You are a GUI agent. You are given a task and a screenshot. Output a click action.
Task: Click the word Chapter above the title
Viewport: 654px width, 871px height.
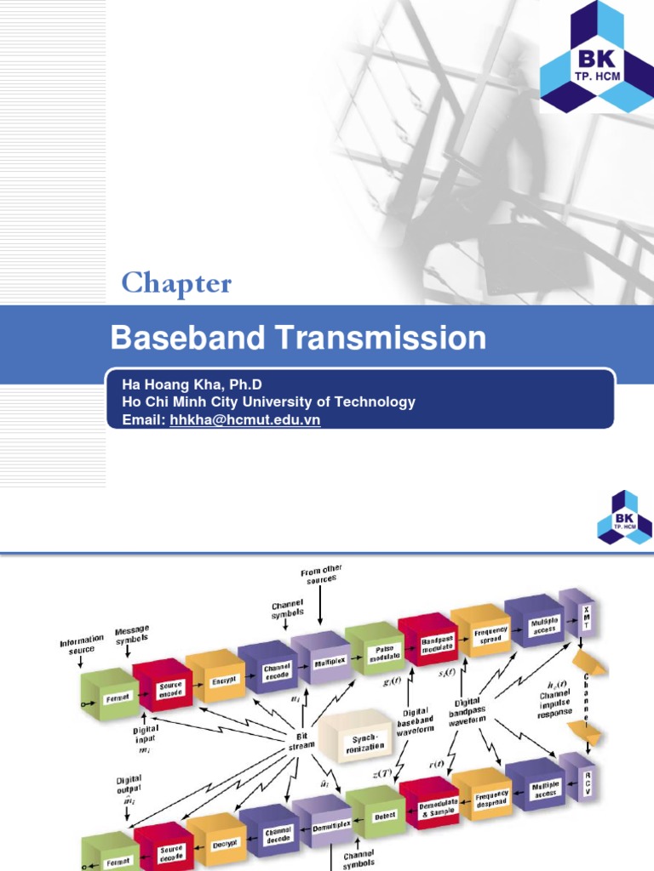tap(176, 283)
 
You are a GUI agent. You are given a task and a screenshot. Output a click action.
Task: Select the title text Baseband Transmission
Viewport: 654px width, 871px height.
tap(298, 339)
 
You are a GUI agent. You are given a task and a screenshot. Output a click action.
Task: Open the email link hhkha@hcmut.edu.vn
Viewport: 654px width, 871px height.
tap(244, 420)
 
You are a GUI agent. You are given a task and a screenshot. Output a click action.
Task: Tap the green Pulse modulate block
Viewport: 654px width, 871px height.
tap(372, 649)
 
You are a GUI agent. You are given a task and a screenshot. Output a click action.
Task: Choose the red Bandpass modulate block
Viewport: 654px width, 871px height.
tap(427, 639)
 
